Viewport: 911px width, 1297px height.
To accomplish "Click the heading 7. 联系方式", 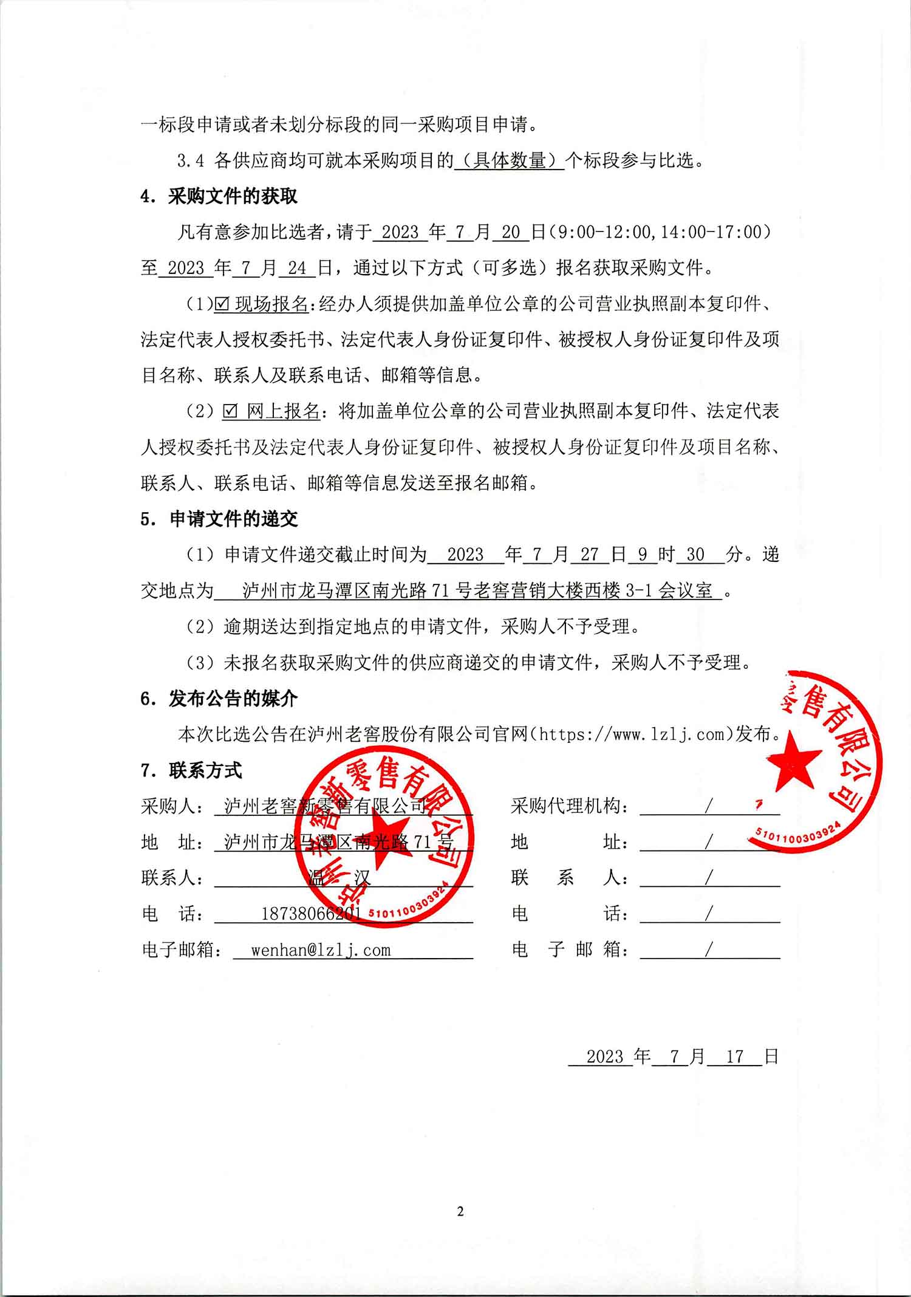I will tap(191, 770).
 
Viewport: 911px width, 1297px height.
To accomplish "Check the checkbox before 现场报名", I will tap(222, 304).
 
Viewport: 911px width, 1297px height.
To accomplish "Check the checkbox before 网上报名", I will tap(230, 412).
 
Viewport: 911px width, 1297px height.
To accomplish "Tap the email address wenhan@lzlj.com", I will tap(321, 950).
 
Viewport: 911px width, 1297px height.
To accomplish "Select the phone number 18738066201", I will tap(311, 914).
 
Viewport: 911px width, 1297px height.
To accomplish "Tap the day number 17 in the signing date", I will tap(735, 1056).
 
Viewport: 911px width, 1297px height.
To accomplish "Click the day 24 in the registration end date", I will tap(297, 268).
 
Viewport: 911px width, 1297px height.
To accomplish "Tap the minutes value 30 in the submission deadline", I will tap(695, 555).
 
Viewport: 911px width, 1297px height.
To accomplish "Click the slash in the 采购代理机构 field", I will tap(708, 806).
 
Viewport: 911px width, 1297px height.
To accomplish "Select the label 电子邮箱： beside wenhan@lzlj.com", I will tap(182, 950).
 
